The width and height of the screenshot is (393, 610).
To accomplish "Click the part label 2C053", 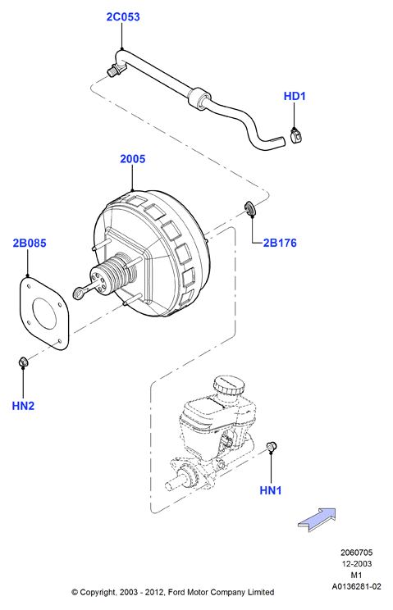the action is [x=123, y=17].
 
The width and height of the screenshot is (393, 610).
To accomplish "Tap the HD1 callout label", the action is [x=295, y=96].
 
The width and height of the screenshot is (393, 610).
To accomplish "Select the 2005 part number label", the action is [x=132, y=159].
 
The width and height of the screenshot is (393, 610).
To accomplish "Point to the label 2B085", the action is [x=30, y=244].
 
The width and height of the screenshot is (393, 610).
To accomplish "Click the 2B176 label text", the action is [x=280, y=244].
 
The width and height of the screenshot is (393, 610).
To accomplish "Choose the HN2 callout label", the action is [x=23, y=406].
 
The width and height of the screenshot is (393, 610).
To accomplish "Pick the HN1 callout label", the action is [x=271, y=490].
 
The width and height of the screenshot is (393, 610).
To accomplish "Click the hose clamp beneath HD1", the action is [x=297, y=134].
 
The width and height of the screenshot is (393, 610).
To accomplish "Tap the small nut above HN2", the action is [x=23, y=362].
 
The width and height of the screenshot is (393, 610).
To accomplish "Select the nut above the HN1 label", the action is [x=272, y=446].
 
